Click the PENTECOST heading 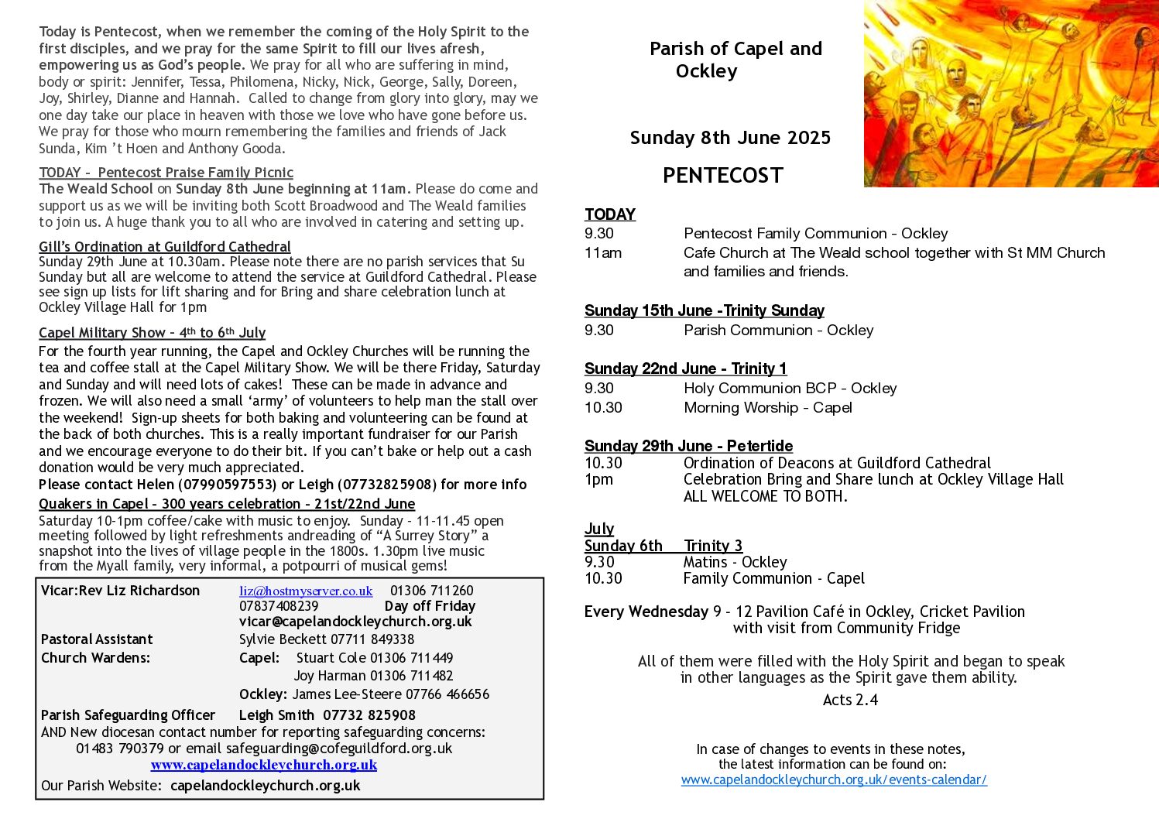point(722,176)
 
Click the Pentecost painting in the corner point(1010,93)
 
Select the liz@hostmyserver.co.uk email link point(306,591)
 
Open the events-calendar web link point(834,780)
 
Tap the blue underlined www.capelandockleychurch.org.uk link point(263,765)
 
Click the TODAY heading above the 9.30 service point(610,214)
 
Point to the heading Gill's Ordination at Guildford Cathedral point(165,247)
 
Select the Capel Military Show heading point(152,333)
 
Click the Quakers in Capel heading point(227,504)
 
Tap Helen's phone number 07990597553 point(227,485)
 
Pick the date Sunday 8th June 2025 point(730,138)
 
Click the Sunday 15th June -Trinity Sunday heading point(704,310)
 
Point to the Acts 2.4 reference point(850,700)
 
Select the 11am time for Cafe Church point(603,253)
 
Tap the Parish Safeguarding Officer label point(128,715)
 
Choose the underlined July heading point(599,529)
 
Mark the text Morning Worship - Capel point(767,408)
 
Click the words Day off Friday point(430,606)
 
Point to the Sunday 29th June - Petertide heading point(688,446)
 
